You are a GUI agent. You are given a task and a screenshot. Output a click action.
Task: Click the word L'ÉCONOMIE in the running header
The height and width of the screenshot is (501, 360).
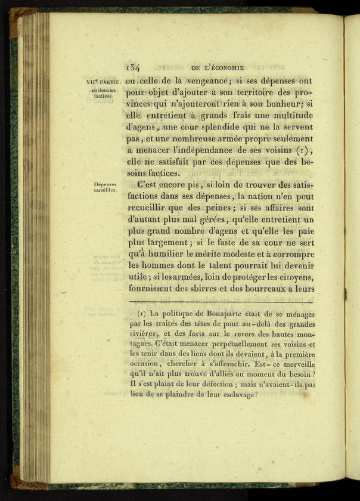224,67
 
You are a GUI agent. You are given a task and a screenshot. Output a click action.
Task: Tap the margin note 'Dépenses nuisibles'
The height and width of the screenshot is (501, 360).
105,188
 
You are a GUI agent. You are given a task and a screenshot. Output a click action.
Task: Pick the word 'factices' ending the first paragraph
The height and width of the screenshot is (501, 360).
159,173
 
